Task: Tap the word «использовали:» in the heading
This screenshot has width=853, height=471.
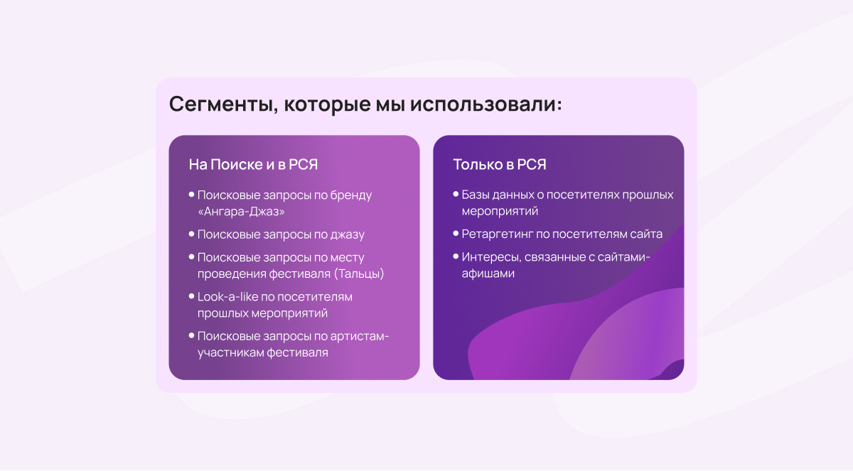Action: coord(486,104)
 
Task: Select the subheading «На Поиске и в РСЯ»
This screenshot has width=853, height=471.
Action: coord(253,164)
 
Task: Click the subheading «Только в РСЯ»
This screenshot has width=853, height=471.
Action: coord(500,164)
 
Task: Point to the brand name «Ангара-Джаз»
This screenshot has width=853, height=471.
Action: coord(242,211)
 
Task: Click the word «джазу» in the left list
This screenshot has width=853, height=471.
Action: coord(348,234)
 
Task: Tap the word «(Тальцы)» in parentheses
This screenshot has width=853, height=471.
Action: coord(359,274)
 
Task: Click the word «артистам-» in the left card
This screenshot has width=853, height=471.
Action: coord(360,336)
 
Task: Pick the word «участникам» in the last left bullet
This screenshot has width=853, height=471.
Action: coord(230,352)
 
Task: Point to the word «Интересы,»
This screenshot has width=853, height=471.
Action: coord(491,257)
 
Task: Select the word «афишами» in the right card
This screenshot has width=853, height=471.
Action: coord(488,274)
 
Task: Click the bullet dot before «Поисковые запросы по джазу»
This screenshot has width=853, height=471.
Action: coord(191,234)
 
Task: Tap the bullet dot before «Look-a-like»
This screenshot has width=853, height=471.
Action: coord(191,296)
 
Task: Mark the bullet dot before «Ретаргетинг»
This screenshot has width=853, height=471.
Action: coord(456,233)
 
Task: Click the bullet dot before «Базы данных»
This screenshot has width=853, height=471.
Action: coord(456,194)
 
